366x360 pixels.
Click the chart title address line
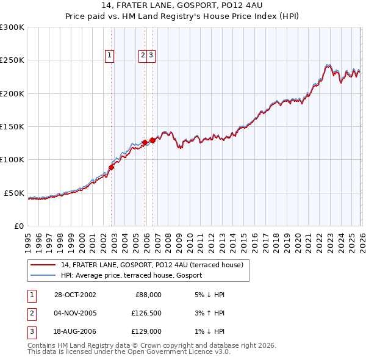[183, 7]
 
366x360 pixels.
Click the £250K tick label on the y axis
[12, 60]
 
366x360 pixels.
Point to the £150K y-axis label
[12, 126]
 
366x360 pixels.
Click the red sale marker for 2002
[112, 167]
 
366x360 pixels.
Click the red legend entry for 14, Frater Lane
[152, 265]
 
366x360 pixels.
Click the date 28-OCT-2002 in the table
[75, 295]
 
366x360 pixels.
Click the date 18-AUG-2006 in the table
[75, 331]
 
